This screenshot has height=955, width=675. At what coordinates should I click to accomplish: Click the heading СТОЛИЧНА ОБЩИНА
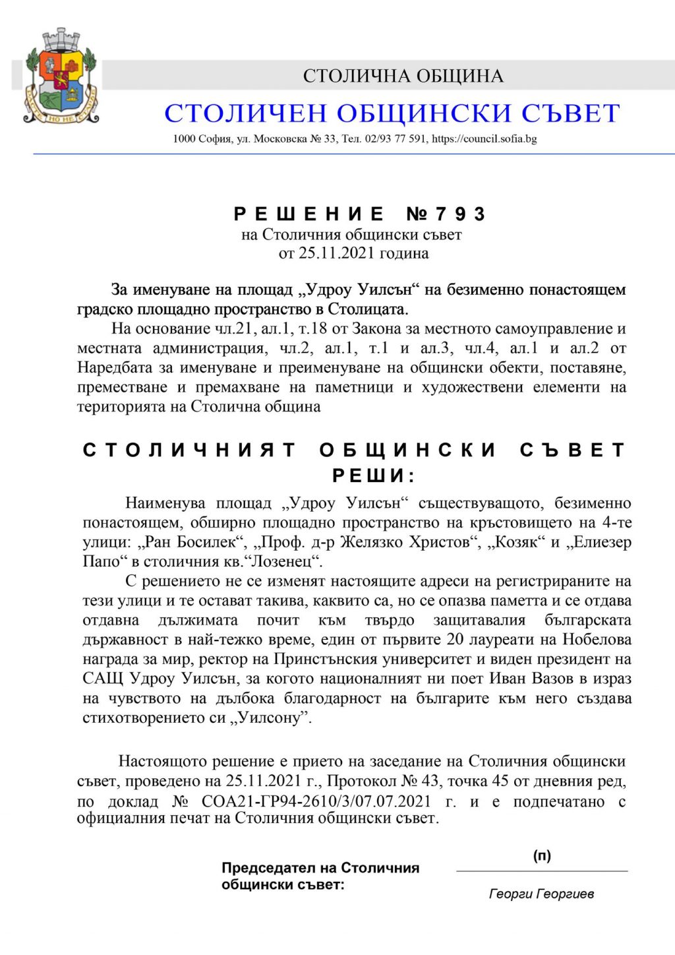(403, 76)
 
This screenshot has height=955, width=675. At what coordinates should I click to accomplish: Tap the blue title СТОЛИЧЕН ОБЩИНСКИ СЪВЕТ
(392, 113)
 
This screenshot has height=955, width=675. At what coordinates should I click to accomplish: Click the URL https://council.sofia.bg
(484, 139)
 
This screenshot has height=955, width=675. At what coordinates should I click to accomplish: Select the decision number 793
(460, 214)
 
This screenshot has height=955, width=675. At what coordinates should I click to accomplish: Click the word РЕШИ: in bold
(373, 476)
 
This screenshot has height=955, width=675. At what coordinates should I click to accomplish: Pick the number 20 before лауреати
(455, 640)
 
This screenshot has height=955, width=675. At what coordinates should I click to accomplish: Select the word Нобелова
(597, 640)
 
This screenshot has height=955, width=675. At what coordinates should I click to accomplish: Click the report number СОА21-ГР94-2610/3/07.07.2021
(316, 801)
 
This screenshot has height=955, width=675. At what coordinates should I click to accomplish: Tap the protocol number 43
(430, 782)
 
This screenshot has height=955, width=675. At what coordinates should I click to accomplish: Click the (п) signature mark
(542, 856)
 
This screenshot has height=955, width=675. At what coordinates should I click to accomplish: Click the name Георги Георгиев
(541, 894)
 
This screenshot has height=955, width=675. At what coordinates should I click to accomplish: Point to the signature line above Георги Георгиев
(542, 871)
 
